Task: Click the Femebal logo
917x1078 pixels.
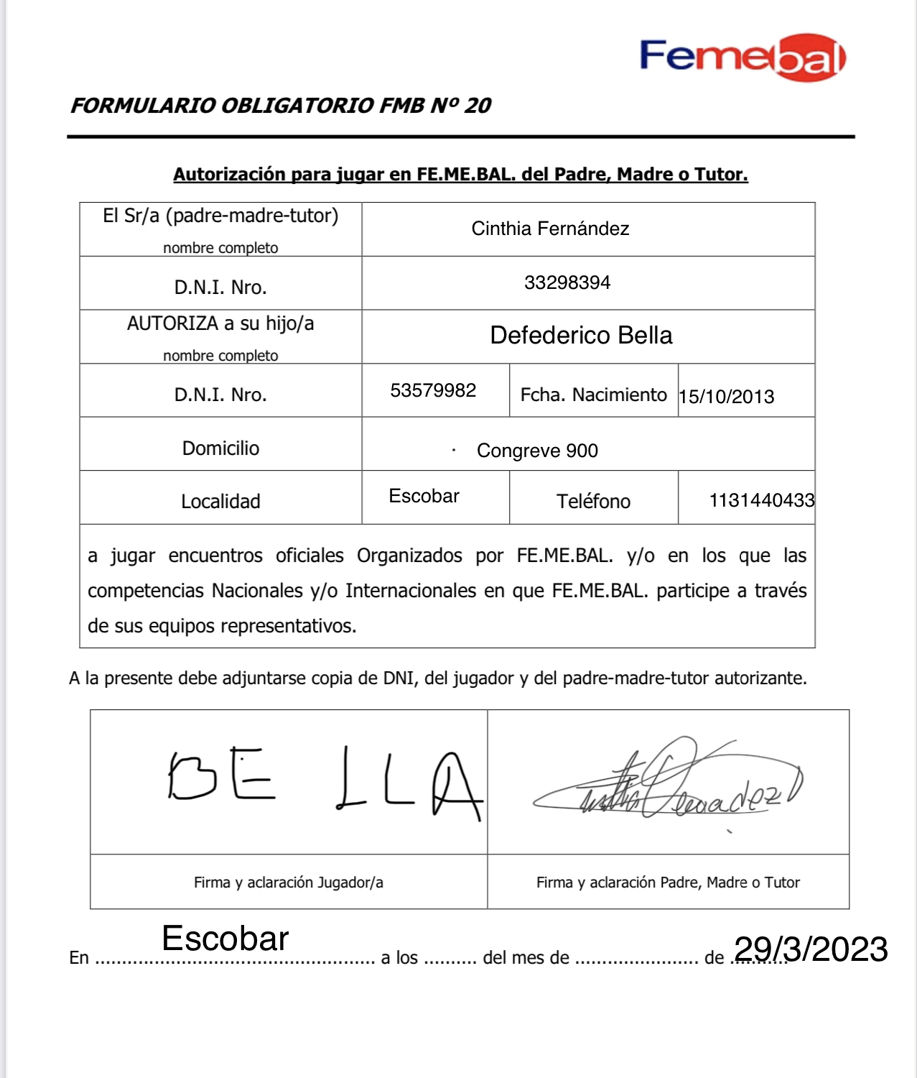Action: pos(743,57)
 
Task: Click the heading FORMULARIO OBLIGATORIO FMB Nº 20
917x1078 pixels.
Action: pos(280,106)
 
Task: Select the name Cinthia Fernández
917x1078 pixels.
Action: pos(550,229)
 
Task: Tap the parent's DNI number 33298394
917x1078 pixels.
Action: pos(567,282)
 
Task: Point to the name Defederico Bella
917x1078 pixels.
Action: pos(581,336)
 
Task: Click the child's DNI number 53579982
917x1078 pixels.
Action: pos(433,390)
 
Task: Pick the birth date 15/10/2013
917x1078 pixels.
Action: pos(727,397)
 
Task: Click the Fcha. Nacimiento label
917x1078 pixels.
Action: pos(593,395)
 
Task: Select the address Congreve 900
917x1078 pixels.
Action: pos(537,451)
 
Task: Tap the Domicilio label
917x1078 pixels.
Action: pos(220,448)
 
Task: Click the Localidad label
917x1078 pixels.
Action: pos(220,502)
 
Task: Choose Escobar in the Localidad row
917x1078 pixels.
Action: pos(424,496)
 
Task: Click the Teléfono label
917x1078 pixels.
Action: pos(593,502)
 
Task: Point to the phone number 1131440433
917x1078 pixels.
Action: pos(761,500)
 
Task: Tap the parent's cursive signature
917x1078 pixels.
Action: pos(668,783)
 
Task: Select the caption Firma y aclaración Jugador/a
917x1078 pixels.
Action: pos(288,883)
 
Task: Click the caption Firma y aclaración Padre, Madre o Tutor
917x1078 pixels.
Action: pos(668,883)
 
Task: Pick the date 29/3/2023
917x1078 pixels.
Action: pos(811,949)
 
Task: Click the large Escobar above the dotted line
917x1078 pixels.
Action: pos(225,939)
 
